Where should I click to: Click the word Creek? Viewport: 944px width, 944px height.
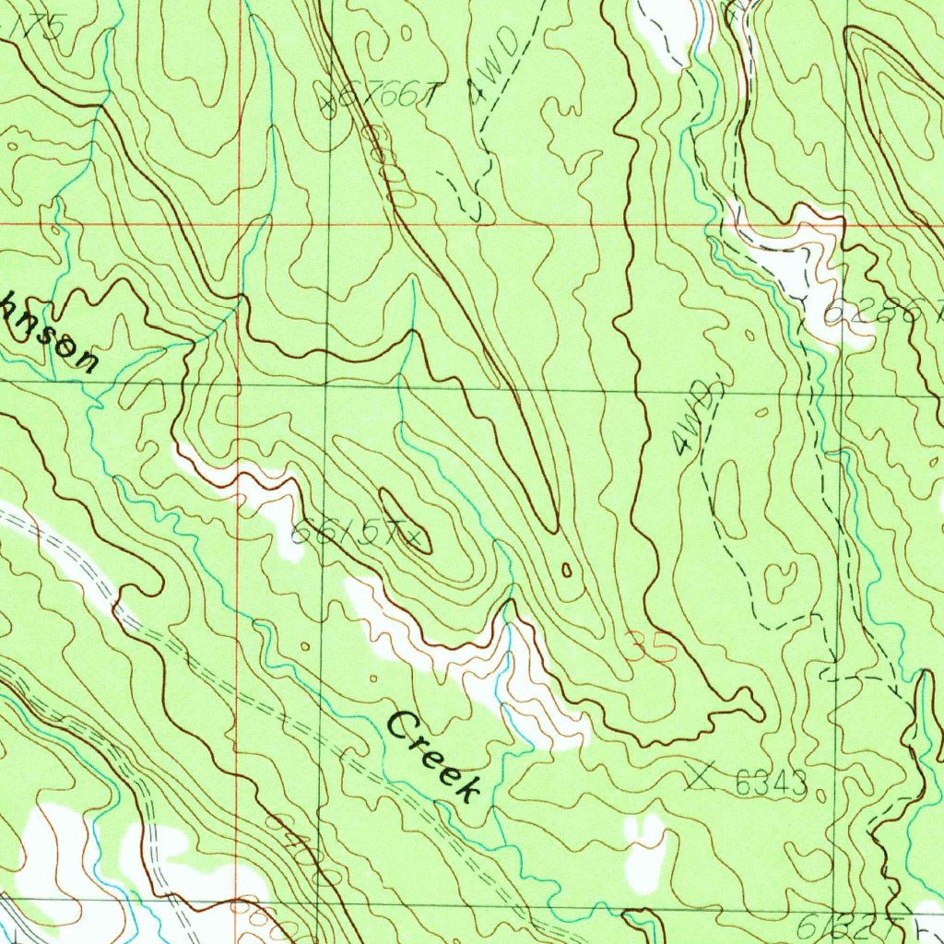click(434, 757)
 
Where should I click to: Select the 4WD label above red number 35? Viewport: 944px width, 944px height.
click(696, 419)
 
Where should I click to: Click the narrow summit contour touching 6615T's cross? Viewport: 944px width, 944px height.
click(406, 521)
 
